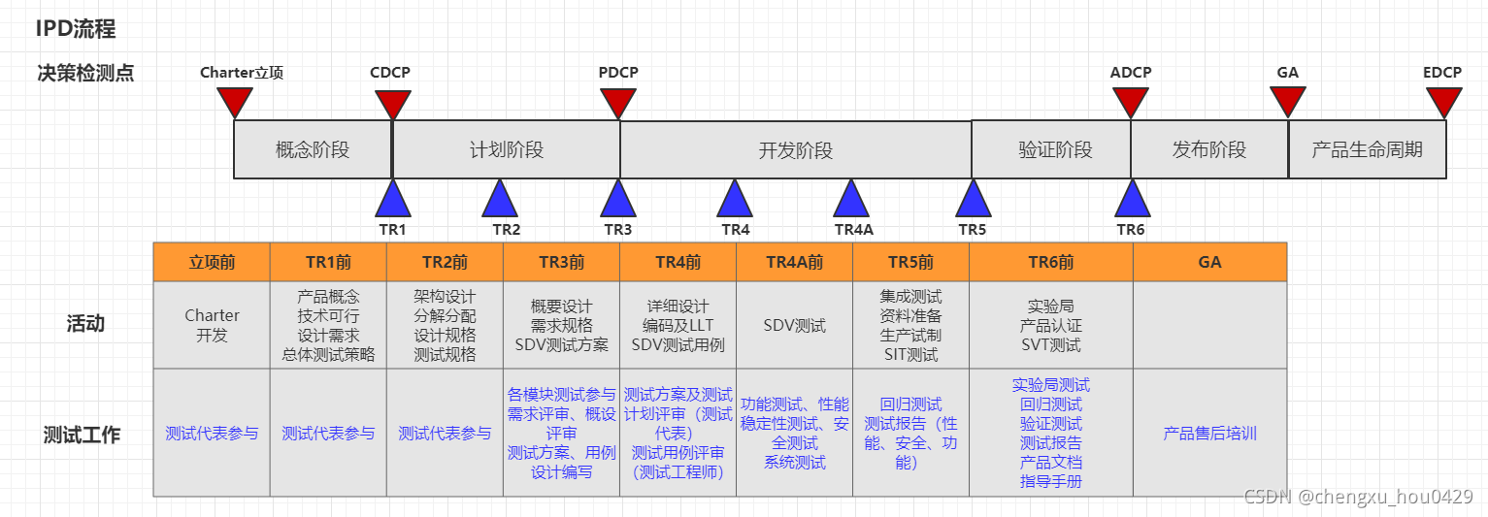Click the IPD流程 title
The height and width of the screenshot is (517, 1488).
(76, 29)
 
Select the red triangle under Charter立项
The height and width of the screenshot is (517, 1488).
(235, 101)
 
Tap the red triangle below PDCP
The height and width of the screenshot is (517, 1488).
(618, 101)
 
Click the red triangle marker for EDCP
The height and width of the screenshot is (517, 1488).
(1443, 101)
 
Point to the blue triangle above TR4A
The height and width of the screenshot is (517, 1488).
(851, 199)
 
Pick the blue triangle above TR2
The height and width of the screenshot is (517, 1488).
(500, 199)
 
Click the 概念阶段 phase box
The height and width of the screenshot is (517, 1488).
(313, 149)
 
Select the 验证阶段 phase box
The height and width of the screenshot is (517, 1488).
(1055, 149)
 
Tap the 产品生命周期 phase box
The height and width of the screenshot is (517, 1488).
(1367, 149)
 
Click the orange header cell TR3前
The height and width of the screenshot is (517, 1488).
(561, 262)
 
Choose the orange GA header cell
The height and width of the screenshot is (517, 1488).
(1209, 262)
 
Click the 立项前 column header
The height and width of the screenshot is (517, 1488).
(212, 262)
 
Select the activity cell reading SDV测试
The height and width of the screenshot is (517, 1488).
(794, 326)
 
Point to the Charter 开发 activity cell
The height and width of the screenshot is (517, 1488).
(212, 325)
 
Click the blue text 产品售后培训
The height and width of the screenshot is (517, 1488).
(1209, 434)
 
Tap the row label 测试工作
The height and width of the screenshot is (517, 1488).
(82, 435)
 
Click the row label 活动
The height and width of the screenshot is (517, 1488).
(84, 324)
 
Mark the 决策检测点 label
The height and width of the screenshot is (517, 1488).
(85, 73)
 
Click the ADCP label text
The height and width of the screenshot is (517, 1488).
(1131, 73)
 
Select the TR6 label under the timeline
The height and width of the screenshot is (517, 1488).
(1131, 230)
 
